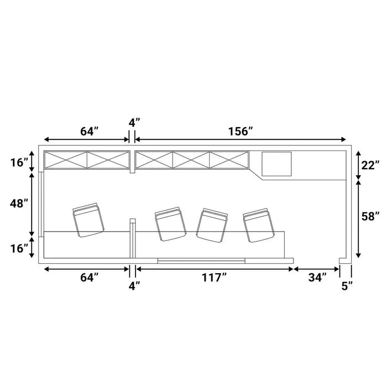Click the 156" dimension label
(x=240, y=132)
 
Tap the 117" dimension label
(x=215, y=278)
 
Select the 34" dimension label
(x=317, y=278)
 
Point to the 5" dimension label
(x=347, y=286)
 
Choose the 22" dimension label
(x=370, y=165)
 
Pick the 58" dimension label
(x=370, y=217)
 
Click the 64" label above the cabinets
(x=90, y=132)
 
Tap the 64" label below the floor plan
(x=90, y=278)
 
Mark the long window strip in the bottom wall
(x=201, y=260)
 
